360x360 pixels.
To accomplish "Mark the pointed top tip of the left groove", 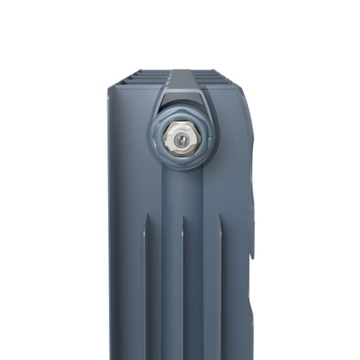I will (146, 230).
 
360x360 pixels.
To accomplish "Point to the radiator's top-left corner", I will (110, 83).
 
